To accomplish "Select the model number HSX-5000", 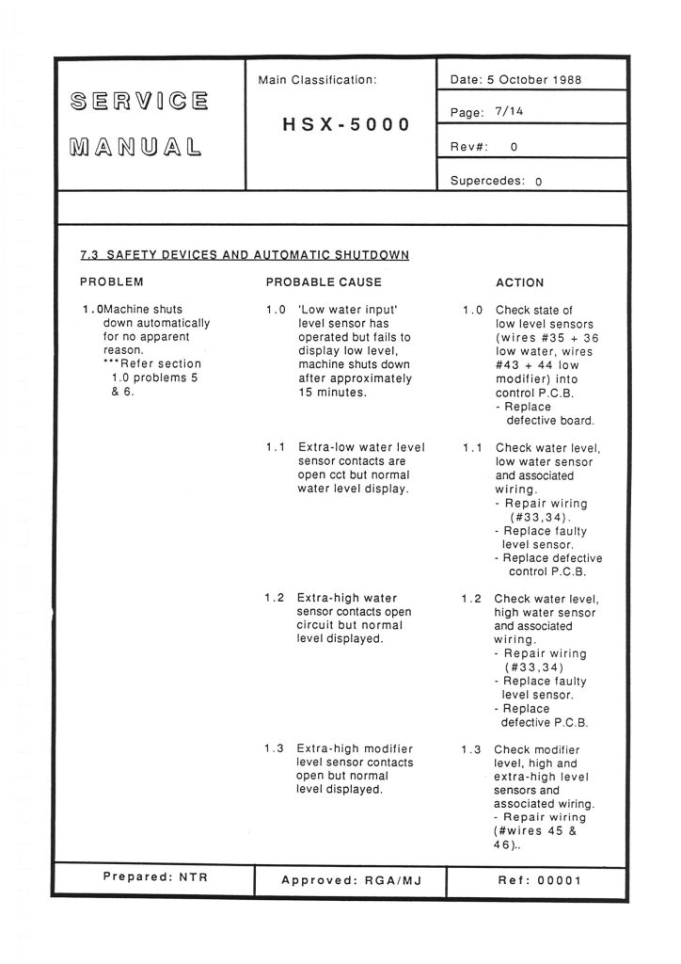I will pyautogui.click(x=346, y=124).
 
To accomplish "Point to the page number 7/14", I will pyautogui.click(x=509, y=112).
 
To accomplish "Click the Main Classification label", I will pyautogui.click(x=317, y=81).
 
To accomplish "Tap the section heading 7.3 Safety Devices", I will pyautogui.click(x=245, y=255).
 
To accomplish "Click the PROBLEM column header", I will pyautogui.click(x=112, y=281).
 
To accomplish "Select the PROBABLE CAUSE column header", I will pyautogui.click(x=324, y=281).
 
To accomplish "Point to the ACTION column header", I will pyautogui.click(x=519, y=282).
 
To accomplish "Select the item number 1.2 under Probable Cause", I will pyautogui.click(x=274, y=598).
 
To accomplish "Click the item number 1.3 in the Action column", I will pyautogui.click(x=471, y=749).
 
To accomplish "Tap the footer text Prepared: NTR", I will pyautogui.click(x=154, y=877).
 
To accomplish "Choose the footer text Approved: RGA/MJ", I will pyautogui.click(x=349, y=881).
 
